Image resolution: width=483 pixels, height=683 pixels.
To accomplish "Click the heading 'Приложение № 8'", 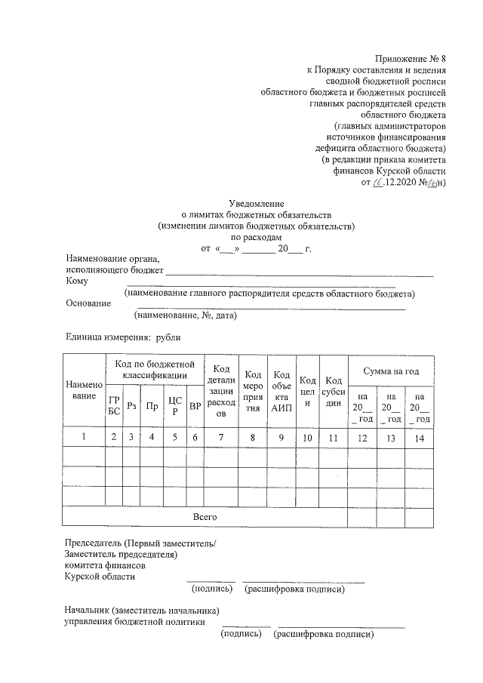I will pos(411,58).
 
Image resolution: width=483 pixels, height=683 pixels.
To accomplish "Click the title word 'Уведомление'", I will pos(256,203).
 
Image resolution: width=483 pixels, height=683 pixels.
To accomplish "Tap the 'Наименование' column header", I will pos(84,390).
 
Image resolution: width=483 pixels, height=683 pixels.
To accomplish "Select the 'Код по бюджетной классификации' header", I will pos(155,370).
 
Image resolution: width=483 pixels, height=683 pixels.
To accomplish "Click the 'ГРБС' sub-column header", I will pos(114,406).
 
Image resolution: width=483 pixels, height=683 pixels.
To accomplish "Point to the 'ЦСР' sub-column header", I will pos(174,406).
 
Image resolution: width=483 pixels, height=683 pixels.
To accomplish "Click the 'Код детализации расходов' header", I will pos(221,391).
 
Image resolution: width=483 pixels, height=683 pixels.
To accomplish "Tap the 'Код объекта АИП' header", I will pos(281,391).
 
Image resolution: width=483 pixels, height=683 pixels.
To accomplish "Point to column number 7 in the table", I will pos(221,436).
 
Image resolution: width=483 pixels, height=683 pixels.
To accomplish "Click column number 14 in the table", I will pos(420,436).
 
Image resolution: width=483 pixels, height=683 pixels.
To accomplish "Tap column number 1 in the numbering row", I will pos(84,436).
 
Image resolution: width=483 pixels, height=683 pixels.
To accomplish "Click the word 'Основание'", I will pos(88,303).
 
